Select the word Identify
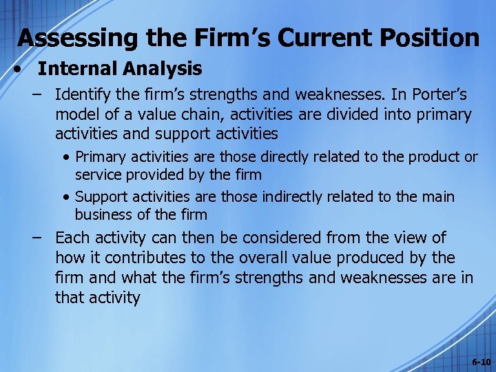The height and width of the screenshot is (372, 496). click(x=82, y=94)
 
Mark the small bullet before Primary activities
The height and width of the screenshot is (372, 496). click(x=67, y=157)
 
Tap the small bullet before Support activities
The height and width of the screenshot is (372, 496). click(x=67, y=197)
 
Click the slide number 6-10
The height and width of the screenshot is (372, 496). click(x=480, y=362)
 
